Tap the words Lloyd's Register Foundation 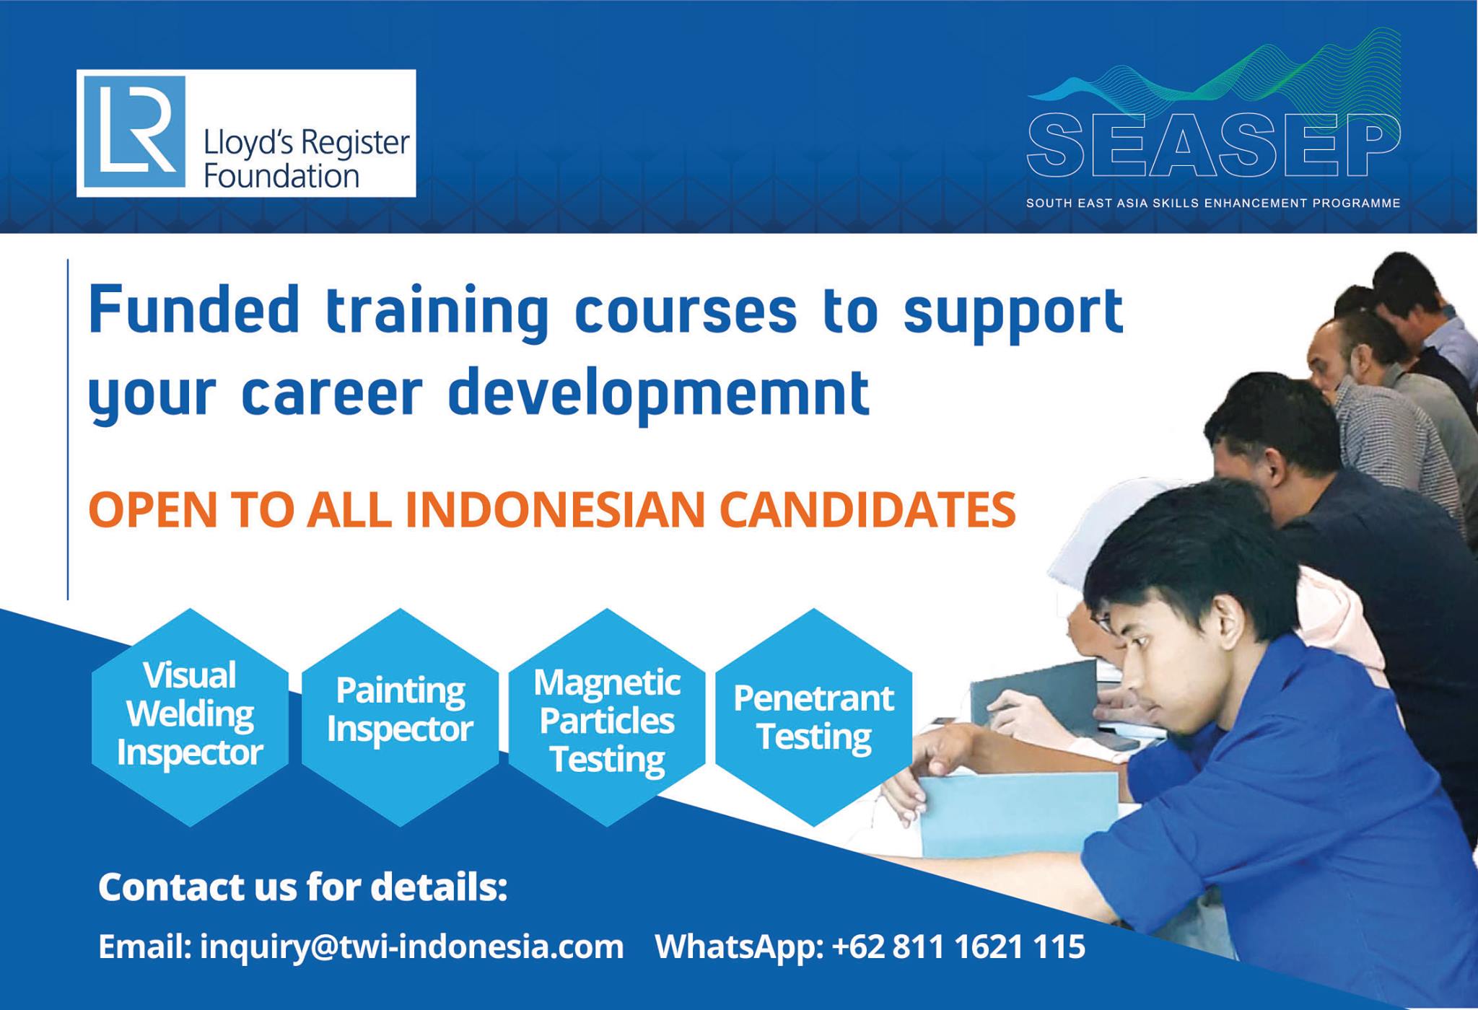(x=307, y=159)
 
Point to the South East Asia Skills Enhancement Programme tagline (x=1213, y=203)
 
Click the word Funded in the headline (x=193, y=310)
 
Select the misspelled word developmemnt (x=659, y=394)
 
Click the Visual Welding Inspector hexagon (x=191, y=717)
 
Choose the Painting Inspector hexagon (x=400, y=717)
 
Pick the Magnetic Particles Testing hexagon (x=607, y=717)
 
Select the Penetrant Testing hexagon (x=814, y=717)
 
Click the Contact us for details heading (x=303, y=887)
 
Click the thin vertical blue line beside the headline (x=68, y=430)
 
